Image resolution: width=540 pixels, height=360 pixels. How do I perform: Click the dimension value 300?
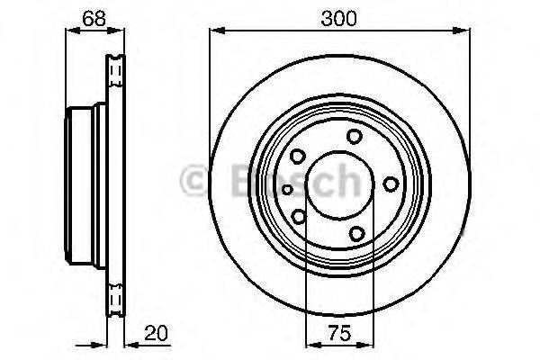pos(339,19)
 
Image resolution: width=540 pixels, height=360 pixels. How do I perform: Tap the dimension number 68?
pos(94,19)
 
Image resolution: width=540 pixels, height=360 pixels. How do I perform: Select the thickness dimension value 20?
pos(156,334)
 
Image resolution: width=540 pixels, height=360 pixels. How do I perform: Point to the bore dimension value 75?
pos(339,334)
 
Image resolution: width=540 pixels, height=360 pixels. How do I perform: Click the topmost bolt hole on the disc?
pos(354,136)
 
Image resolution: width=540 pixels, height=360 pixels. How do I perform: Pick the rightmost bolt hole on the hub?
pos(391,184)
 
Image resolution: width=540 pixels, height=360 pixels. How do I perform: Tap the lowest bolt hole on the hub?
pos(357,234)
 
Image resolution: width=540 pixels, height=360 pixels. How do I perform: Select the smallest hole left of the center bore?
pos(287,189)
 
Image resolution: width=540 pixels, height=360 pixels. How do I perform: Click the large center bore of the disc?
pos(339,184)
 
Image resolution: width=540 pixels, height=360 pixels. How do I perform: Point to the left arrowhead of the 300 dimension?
pos(217,31)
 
